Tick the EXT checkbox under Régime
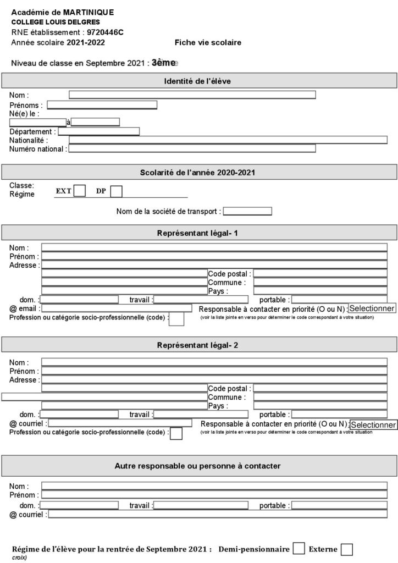80,191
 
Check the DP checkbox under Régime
116,191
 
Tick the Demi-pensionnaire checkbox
298,549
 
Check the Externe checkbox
346,549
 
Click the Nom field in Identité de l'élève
192,95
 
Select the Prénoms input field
102,104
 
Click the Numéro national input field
192,148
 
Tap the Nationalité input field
228,140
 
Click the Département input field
99,131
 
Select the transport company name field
247,211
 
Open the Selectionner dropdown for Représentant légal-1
372,308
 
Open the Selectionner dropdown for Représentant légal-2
373,424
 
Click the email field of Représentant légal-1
117,308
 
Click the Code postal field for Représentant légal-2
320,388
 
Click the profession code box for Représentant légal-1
176,319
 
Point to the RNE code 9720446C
105,32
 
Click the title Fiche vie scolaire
208,42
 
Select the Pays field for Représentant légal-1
320,290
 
